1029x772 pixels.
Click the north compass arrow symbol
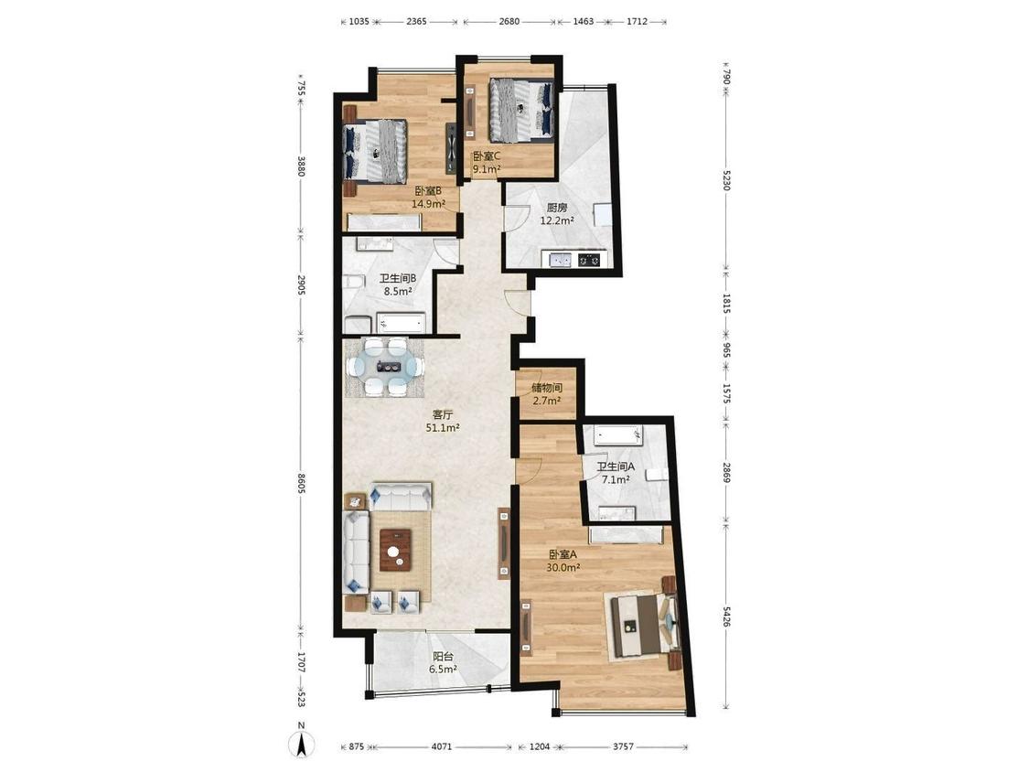point(301,744)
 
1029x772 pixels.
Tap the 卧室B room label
point(428,191)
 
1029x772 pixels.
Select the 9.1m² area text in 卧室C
point(487,168)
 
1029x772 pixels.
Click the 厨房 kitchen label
point(557,209)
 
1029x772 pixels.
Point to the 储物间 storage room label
point(547,388)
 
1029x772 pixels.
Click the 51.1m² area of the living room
point(443,428)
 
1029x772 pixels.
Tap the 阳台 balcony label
point(443,657)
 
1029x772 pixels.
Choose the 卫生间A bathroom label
point(616,466)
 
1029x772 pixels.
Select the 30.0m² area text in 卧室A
point(563,568)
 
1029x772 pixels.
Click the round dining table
point(384,367)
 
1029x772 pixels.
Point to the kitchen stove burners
point(589,260)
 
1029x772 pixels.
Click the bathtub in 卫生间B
point(401,324)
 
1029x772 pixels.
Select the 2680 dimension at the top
point(509,21)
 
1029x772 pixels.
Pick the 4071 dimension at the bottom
point(442,747)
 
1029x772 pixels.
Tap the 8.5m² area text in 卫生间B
point(398,292)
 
